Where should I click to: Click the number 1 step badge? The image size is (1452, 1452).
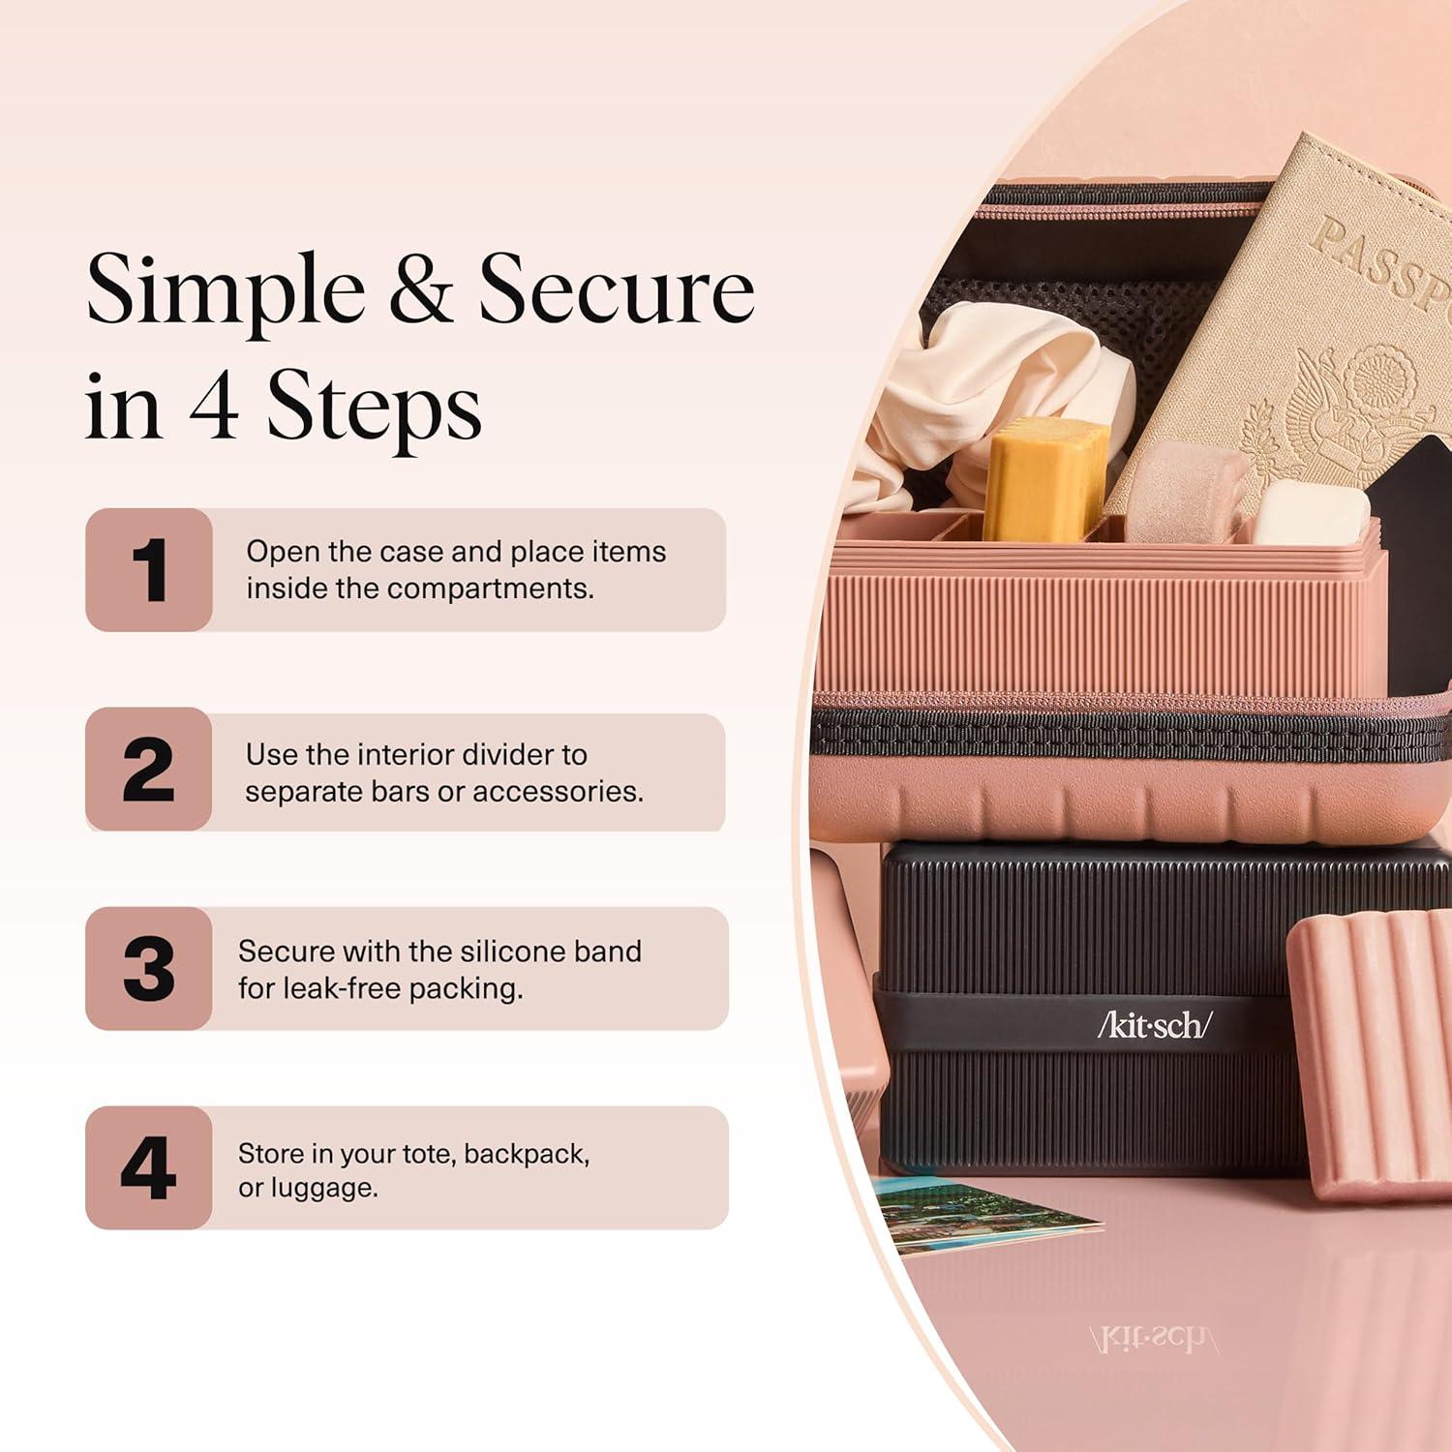(149, 570)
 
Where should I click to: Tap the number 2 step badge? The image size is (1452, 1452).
(149, 770)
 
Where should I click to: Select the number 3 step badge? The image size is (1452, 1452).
(149, 969)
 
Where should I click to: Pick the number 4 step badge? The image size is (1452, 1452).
(149, 1168)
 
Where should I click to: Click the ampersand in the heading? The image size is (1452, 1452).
(420, 289)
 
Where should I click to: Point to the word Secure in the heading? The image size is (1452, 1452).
(617, 289)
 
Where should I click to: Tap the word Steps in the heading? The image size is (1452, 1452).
(374, 406)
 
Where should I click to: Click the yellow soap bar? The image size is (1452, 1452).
(1045, 478)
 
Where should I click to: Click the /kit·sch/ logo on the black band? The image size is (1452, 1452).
(1154, 1024)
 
